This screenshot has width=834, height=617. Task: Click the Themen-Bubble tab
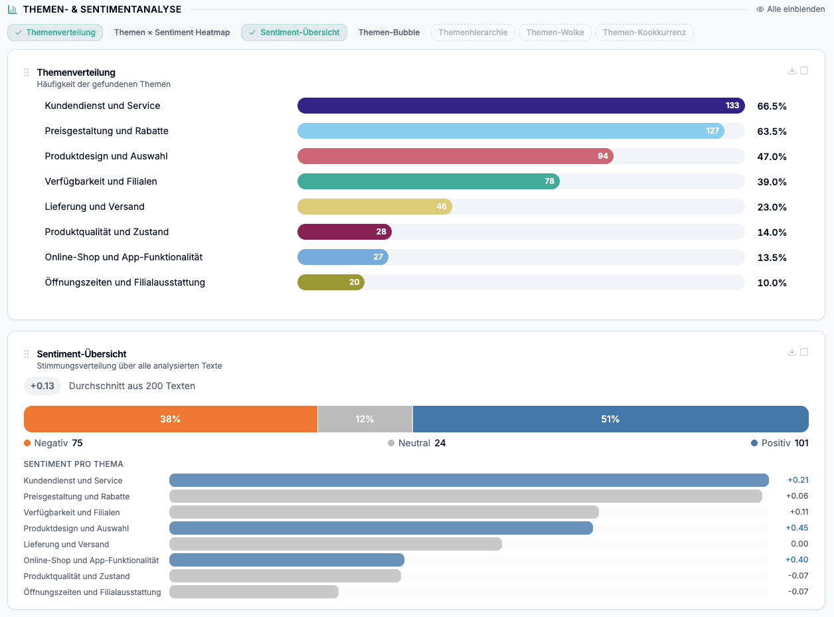coord(388,33)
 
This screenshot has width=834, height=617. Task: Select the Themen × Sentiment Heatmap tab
coord(172,33)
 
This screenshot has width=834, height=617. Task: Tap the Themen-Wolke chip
coord(554,33)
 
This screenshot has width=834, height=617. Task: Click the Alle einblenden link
coord(790,9)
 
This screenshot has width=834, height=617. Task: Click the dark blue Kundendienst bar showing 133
coord(521,106)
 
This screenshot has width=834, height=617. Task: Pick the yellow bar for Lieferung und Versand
coord(375,207)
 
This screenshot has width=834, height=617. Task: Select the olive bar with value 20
coord(331,282)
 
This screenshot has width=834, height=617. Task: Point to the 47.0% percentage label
coord(772,157)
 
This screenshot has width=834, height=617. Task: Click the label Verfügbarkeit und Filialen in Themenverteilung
coord(101,181)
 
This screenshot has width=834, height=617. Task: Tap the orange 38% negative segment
coord(171,419)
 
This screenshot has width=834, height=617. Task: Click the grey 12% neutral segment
coord(365,419)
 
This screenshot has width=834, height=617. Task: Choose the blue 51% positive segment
coord(610,419)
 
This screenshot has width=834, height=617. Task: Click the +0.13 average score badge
coord(42,386)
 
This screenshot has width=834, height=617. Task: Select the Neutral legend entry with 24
coord(416,443)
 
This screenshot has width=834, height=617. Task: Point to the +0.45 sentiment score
coord(797,528)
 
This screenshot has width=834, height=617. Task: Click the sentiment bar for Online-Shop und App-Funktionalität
coord(287,560)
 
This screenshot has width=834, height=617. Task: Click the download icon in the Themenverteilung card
coord(792,70)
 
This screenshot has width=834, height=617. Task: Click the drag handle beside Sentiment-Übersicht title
coord(27,354)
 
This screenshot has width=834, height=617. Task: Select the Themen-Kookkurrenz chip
coord(644,33)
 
